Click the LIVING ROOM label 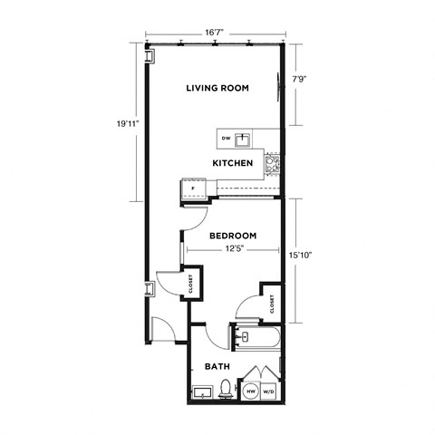tap(217, 88)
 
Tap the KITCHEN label tap(232, 163)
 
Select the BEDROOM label tap(232, 236)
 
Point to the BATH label tap(216, 367)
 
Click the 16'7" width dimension tap(215, 32)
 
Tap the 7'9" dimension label tap(298, 79)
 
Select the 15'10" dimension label tap(302, 255)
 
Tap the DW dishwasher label tap(226, 139)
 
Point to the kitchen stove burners tap(271, 163)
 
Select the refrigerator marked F tap(193, 189)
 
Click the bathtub tap(254, 341)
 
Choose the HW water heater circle tap(251, 391)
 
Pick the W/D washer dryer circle tap(269, 391)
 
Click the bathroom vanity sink tap(202, 393)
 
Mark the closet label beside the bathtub tap(271, 304)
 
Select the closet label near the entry tap(191, 285)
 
